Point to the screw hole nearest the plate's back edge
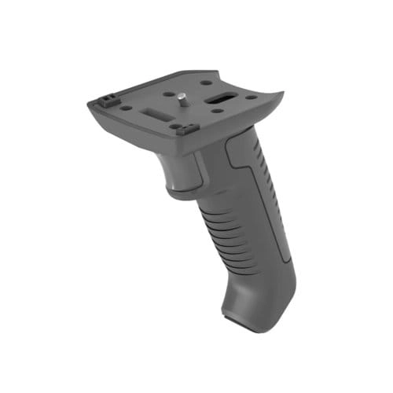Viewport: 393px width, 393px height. (x=205, y=82)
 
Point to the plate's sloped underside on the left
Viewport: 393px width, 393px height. (x=126, y=126)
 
